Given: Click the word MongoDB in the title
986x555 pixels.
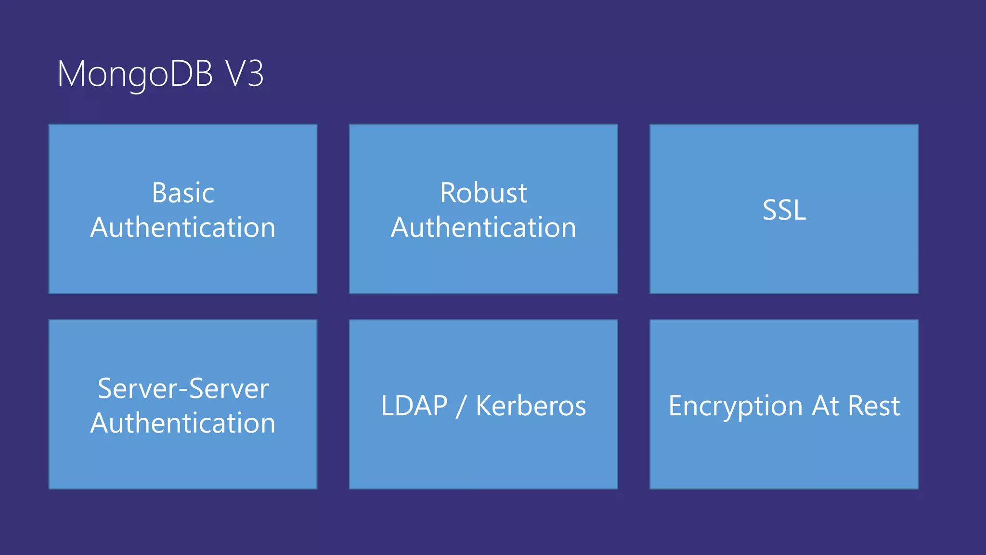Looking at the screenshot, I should pyautogui.click(x=135, y=74).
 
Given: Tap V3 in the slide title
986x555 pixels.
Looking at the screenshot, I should pyautogui.click(x=245, y=74).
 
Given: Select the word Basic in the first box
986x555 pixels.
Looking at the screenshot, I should pyautogui.click(x=183, y=193).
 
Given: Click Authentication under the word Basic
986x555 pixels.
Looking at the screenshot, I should pyautogui.click(x=183, y=227).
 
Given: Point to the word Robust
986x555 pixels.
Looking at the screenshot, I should pyautogui.click(x=483, y=193).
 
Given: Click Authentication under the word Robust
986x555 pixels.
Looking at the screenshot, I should pyautogui.click(x=483, y=227).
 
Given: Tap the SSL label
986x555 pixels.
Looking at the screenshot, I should pyautogui.click(x=784, y=210).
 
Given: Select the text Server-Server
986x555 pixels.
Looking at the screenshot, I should pyautogui.click(x=183, y=388).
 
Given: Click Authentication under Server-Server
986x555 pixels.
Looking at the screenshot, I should pyautogui.click(x=183, y=423).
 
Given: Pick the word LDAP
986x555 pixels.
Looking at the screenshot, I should pyautogui.click(x=414, y=406).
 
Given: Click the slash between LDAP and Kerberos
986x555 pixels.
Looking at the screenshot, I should pyautogui.click(x=461, y=406).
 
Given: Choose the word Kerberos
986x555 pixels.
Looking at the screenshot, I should pyautogui.click(x=531, y=406).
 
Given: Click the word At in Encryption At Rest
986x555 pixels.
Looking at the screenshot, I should pyautogui.click(x=826, y=406).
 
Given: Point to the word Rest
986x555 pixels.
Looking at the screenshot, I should pyautogui.click(x=873, y=406).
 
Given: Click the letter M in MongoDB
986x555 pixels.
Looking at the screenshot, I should pyautogui.click(x=71, y=74).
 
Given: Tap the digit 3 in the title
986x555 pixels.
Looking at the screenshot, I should pyautogui.click(x=255, y=74).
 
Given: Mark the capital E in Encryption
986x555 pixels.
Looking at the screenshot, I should pyautogui.click(x=676, y=406).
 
